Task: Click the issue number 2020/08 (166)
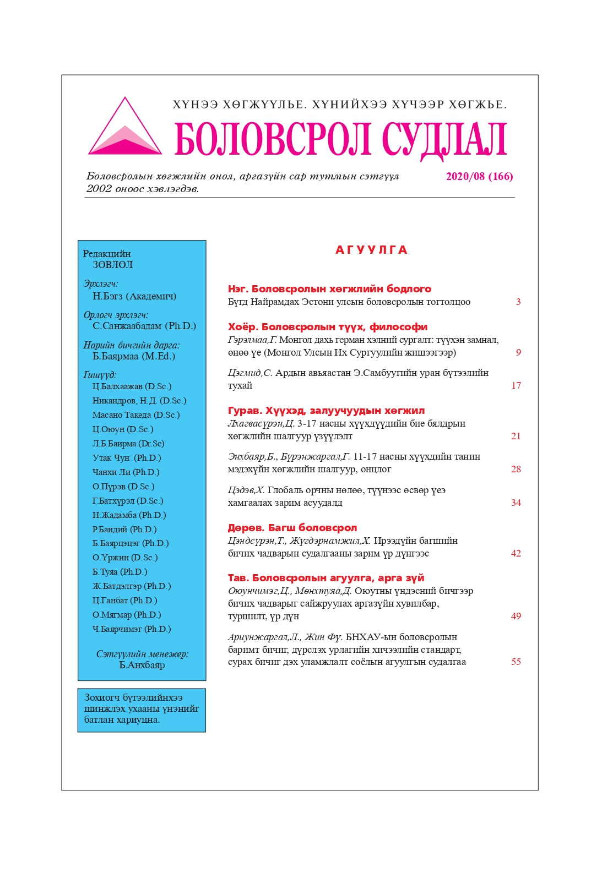click(x=479, y=177)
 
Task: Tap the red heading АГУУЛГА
click(x=371, y=250)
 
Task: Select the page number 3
click(x=518, y=302)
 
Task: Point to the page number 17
click(x=516, y=385)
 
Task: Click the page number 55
click(x=516, y=662)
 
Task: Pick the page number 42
click(x=516, y=553)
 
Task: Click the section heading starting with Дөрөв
click(x=292, y=528)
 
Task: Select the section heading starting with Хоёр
click(x=328, y=327)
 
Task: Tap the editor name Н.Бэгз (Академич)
click(x=134, y=296)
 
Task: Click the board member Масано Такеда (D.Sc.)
click(x=136, y=415)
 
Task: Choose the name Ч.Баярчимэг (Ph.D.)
click(x=132, y=629)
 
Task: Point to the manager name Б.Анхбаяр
click(x=142, y=665)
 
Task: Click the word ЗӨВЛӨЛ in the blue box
click(x=112, y=265)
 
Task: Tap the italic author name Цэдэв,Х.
click(x=246, y=490)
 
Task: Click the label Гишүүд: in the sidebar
click(x=100, y=375)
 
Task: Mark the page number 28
click(x=516, y=469)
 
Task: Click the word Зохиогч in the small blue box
click(x=102, y=697)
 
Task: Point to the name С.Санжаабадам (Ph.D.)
click(x=144, y=326)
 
